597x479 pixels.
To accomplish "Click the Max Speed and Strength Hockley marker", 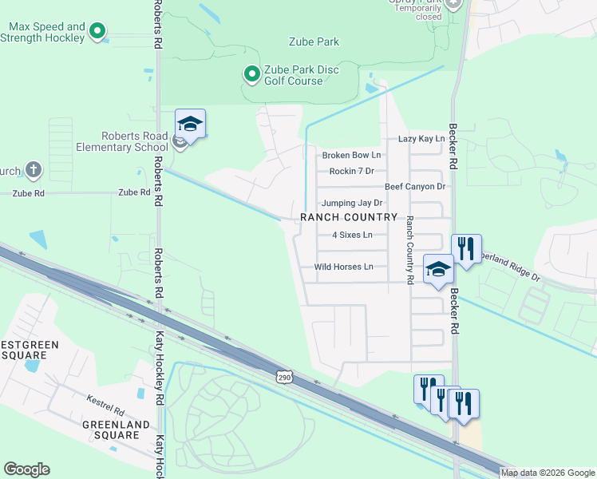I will click(x=98, y=33).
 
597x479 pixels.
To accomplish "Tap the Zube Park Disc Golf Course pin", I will click(x=251, y=75).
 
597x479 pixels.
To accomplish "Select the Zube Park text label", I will click(x=314, y=42).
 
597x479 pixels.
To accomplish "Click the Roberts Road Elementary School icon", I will click(x=190, y=125).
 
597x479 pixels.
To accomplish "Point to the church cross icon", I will click(x=33, y=169).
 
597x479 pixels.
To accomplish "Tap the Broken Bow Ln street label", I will click(x=350, y=155).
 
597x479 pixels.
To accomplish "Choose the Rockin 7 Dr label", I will click(x=351, y=172).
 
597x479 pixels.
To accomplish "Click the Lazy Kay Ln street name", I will click(x=421, y=139).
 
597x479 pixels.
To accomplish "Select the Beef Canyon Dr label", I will click(x=414, y=187).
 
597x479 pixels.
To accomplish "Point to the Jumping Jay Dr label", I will click(x=352, y=204).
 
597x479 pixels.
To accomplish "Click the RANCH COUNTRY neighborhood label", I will click(x=348, y=218).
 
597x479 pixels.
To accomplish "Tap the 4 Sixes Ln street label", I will click(x=352, y=236).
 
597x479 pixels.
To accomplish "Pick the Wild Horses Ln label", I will click(x=343, y=267).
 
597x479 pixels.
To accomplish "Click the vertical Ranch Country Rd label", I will click(x=409, y=250).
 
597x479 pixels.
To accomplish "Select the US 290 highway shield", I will click(x=285, y=376).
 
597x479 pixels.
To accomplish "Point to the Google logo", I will click(x=26, y=469).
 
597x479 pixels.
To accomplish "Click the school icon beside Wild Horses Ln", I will click(x=438, y=270).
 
